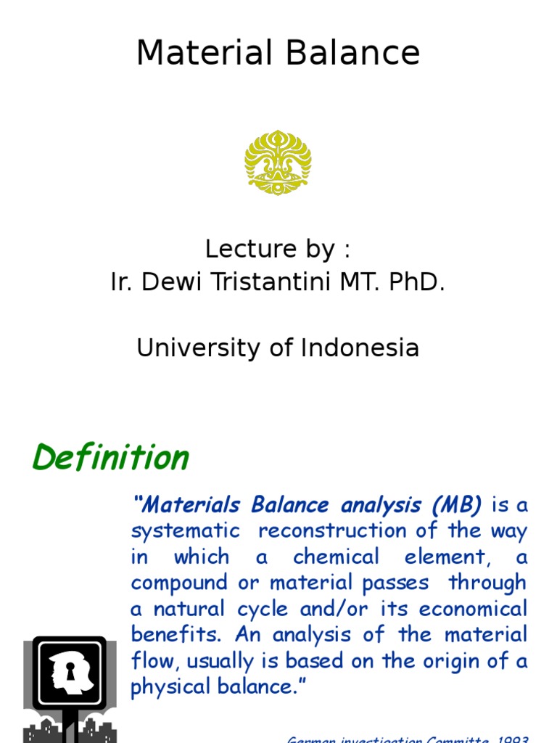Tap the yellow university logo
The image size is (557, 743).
(x=278, y=162)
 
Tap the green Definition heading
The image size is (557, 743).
(x=110, y=458)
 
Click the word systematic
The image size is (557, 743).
(x=185, y=530)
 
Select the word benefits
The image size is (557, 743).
(x=176, y=635)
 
